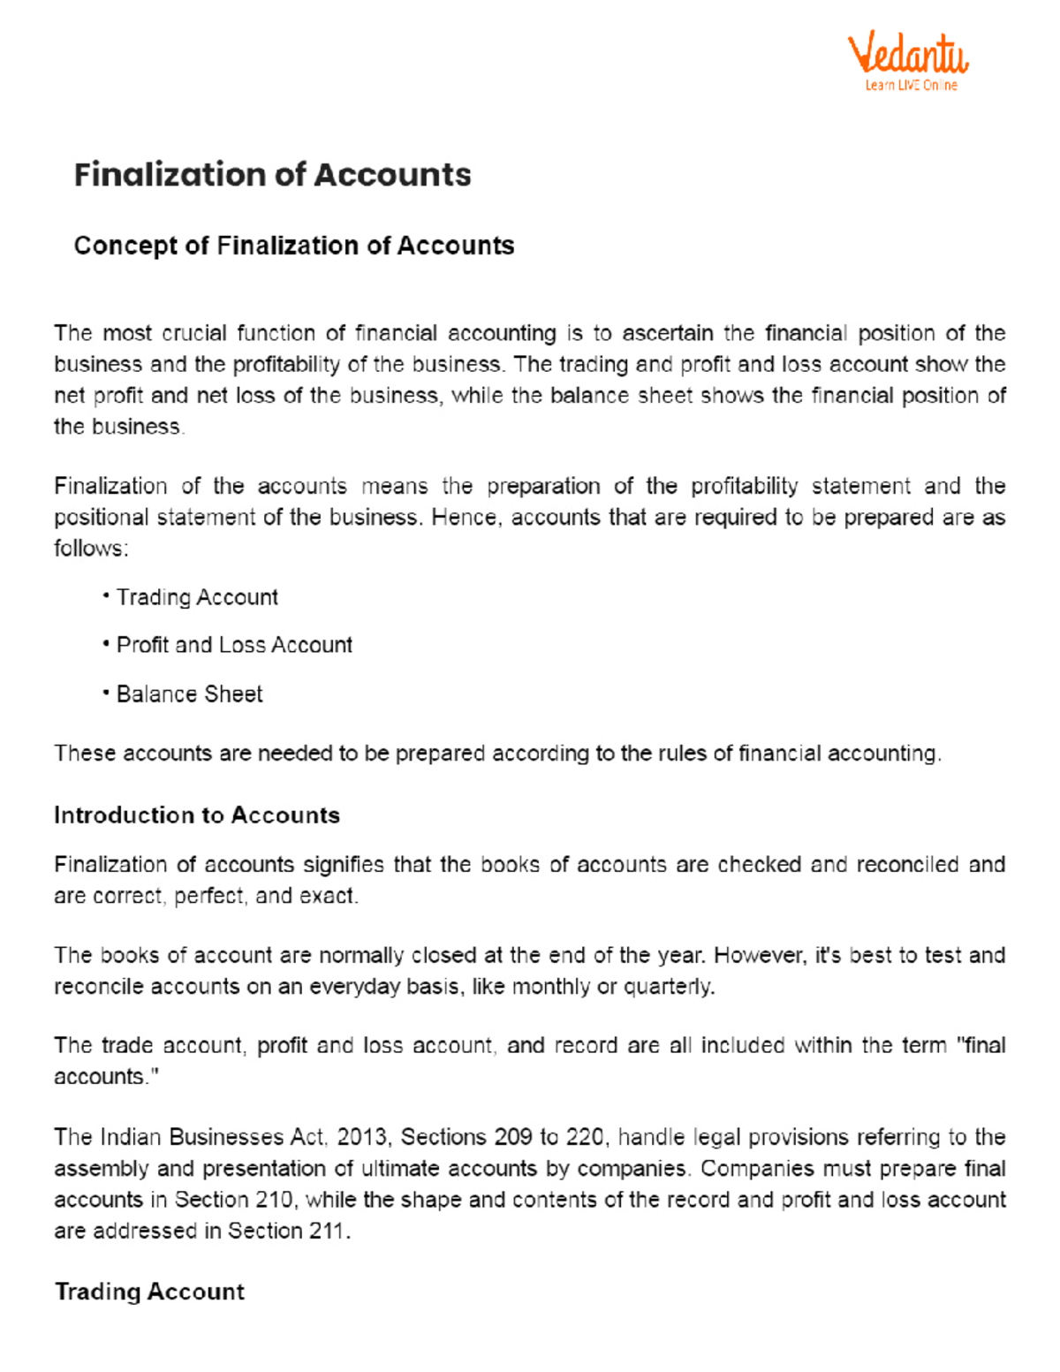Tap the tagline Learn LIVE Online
[x=911, y=86]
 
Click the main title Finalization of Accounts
[x=272, y=175]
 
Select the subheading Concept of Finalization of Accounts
[x=293, y=246]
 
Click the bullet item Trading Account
[x=197, y=598]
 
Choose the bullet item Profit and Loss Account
[x=234, y=646]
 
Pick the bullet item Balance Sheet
[x=189, y=694]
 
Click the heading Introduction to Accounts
[x=196, y=815]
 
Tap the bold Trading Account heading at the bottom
[x=149, y=1292]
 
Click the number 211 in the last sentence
[x=329, y=1231]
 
